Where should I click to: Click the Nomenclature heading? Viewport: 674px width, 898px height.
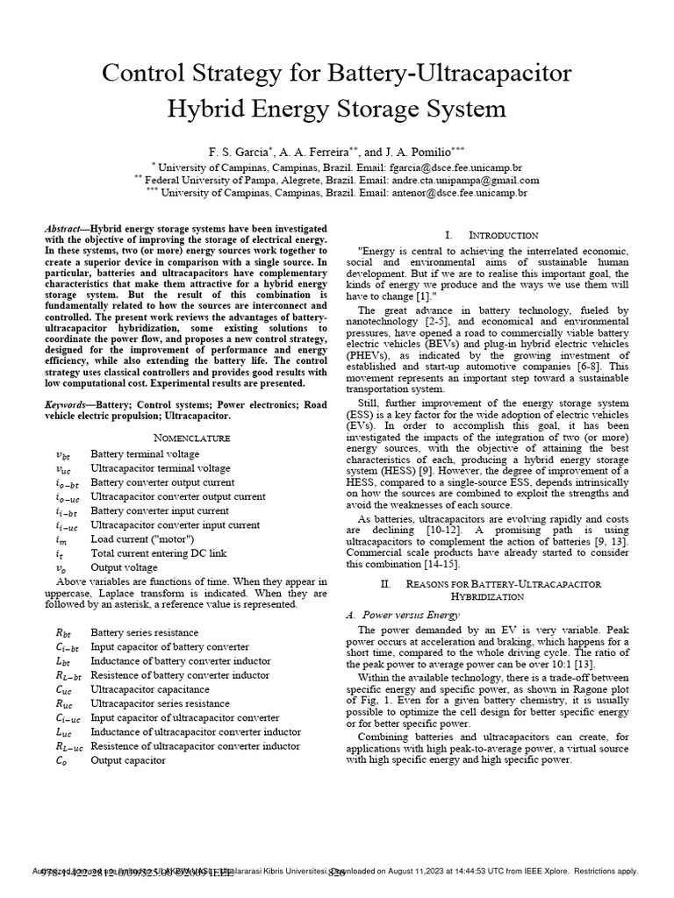[x=186, y=437]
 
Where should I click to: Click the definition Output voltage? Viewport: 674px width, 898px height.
[x=123, y=567]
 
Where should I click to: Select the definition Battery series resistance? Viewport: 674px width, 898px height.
[x=145, y=632]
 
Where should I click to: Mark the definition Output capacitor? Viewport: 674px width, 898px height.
[x=128, y=760]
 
